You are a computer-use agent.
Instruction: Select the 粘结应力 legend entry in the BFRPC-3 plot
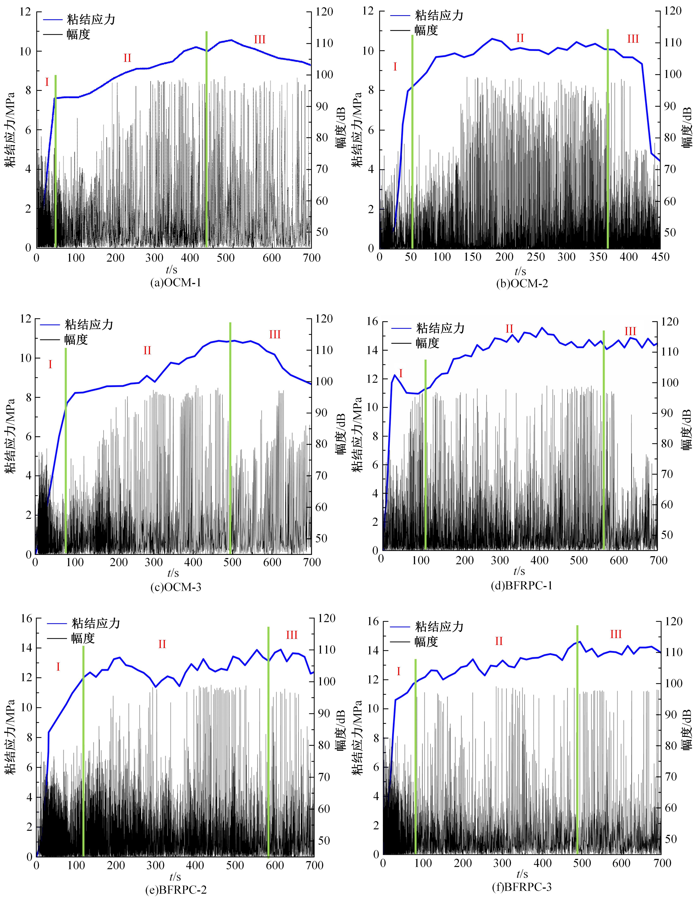(439, 627)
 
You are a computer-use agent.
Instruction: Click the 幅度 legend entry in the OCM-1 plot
(78, 34)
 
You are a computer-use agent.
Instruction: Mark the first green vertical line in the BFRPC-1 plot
(425, 455)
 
